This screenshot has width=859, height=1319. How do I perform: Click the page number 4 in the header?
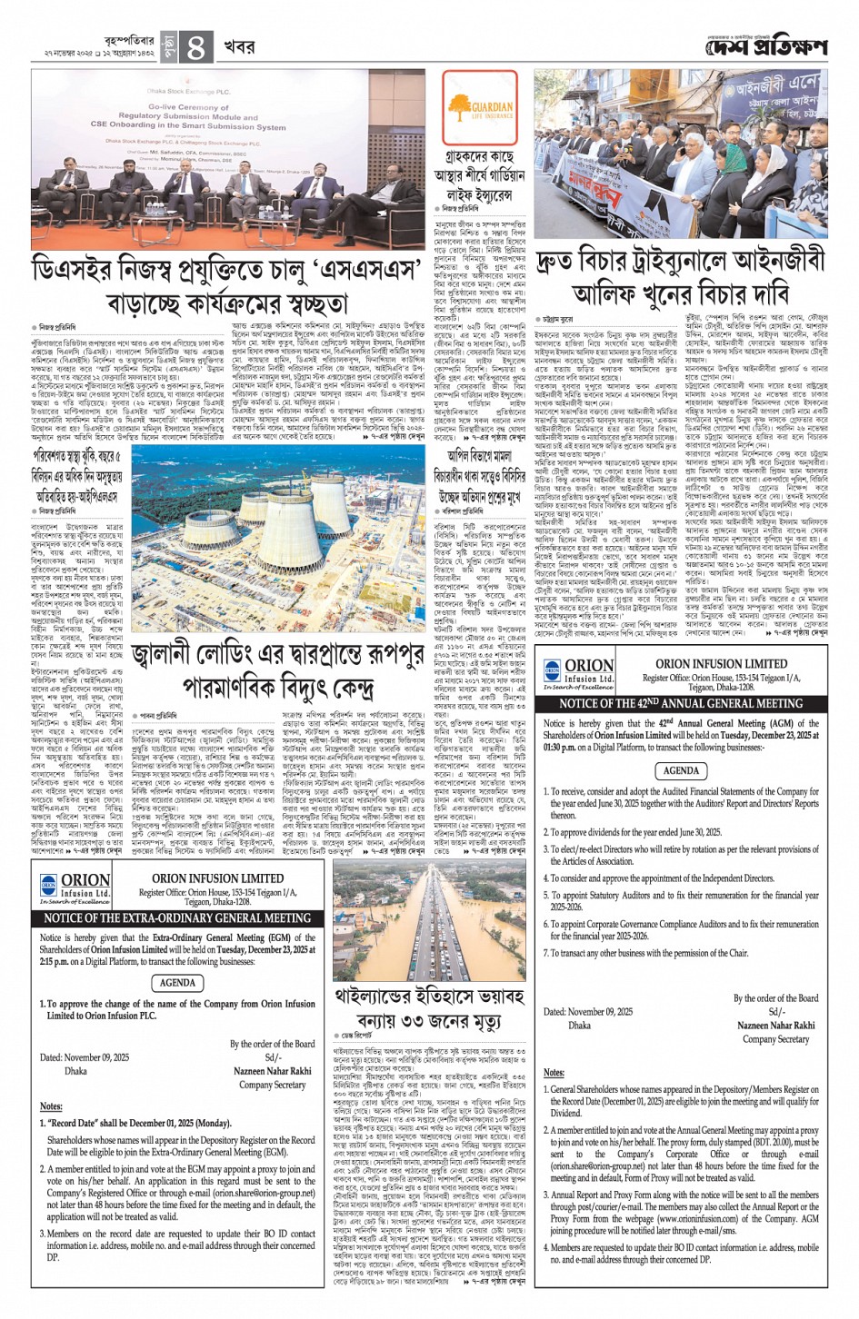click(195, 47)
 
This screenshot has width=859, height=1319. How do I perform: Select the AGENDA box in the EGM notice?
click(177, 982)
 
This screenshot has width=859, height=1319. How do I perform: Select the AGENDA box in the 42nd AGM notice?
click(681, 770)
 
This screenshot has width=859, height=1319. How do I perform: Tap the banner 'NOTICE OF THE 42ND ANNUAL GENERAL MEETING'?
click(681, 702)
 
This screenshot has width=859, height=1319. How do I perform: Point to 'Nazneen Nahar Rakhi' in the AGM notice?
click(776, 1025)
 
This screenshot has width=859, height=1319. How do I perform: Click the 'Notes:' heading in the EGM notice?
click(51, 1106)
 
